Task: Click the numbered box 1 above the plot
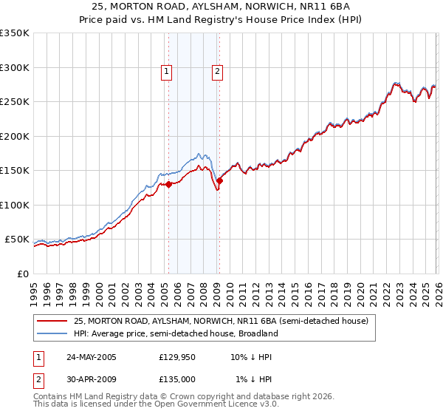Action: (x=167, y=72)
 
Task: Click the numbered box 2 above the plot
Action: (x=218, y=72)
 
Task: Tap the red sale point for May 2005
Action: (x=169, y=184)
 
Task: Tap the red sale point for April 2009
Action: (x=219, y=180)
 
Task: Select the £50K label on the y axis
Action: (x=17, y=240)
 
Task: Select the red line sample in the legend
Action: (x=53, y=321)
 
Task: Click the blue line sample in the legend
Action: (x=53, y=333)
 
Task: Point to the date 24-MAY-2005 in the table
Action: (x=91, y=357)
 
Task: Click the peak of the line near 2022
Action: (x=396, y=84)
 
